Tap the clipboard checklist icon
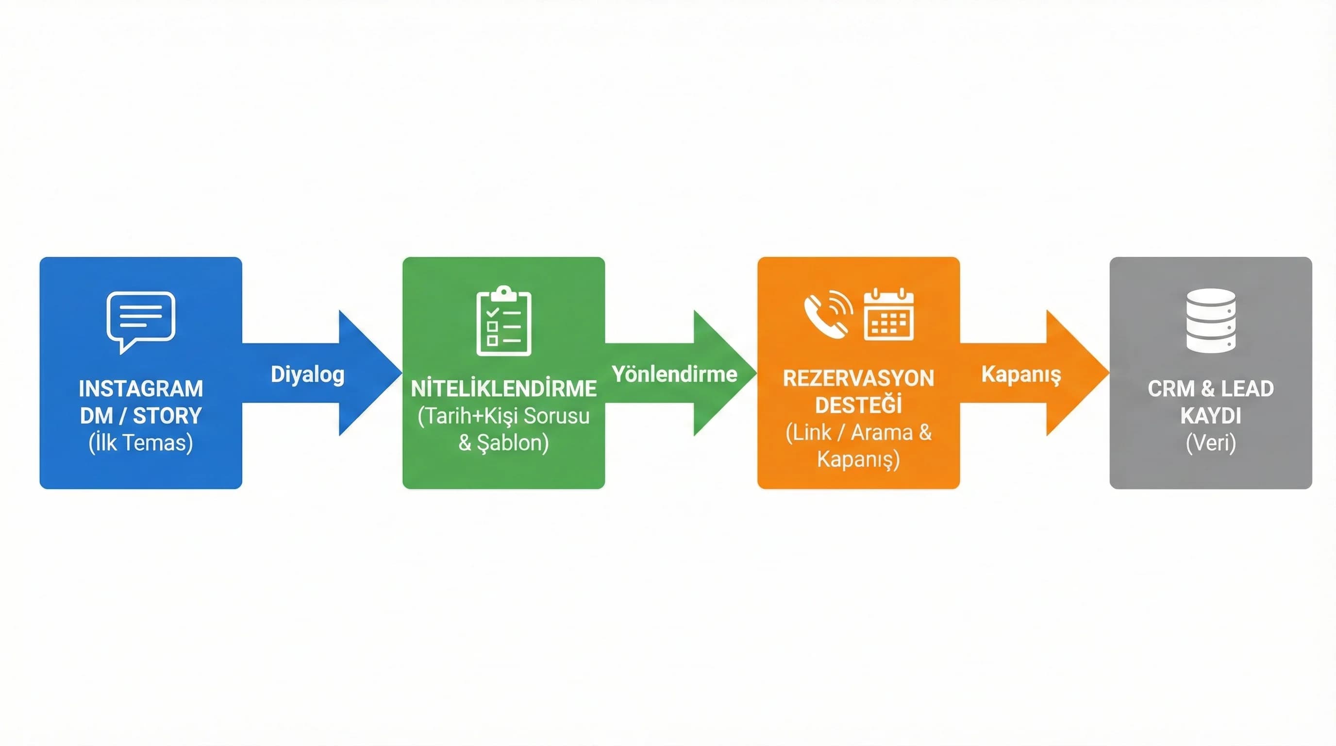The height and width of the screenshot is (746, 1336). [503, 321]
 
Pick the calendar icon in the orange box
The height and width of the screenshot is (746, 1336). [888, 315]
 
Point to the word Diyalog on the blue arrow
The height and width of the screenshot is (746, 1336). [308, 374]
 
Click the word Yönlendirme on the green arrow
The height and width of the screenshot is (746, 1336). [674, 374]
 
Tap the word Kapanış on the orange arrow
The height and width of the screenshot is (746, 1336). [1020, 374]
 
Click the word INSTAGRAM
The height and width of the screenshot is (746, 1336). [141, 389]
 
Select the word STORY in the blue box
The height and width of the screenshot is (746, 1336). [167, 416]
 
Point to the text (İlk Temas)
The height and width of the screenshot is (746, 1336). [141, 442]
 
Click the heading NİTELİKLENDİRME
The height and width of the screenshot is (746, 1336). [503, 389]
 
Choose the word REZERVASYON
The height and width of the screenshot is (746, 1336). [858, 378]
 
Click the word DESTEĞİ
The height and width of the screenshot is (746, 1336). [858, 405]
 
